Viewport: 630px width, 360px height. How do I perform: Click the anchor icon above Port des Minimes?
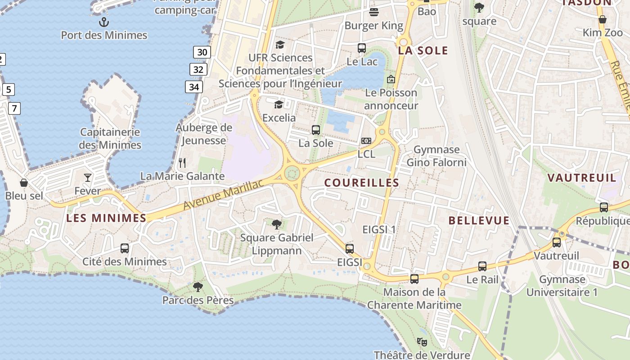(104, 22)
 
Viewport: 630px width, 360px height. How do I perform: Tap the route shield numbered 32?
(198, 69)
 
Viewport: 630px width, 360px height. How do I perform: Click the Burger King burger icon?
(373, 12)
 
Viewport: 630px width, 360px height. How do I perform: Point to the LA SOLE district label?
(423, 50)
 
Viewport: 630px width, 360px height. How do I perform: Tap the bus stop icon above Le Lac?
(361, 48)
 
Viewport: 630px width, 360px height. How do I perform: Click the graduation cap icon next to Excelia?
(279, 105)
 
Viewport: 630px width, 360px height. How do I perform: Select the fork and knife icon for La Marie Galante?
(182, 162)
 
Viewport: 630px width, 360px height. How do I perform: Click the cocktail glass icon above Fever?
(88, 178)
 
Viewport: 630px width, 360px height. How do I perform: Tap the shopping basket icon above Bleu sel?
(24, 183)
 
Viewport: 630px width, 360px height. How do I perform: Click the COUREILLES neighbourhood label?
(361, 183)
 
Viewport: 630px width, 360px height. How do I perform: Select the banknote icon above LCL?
(366, 141)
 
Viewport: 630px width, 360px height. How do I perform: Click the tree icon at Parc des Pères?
(198, 287)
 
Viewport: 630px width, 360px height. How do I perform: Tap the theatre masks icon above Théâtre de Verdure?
(422, 342)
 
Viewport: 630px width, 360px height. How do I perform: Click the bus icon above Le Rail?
(482, 266)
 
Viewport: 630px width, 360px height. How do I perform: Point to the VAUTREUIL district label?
(582, 178)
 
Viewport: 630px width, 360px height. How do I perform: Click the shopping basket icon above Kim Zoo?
(602, 19)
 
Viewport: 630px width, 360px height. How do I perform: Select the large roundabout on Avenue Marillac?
(292, 172)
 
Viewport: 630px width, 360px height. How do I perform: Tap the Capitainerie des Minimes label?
(110, 139)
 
